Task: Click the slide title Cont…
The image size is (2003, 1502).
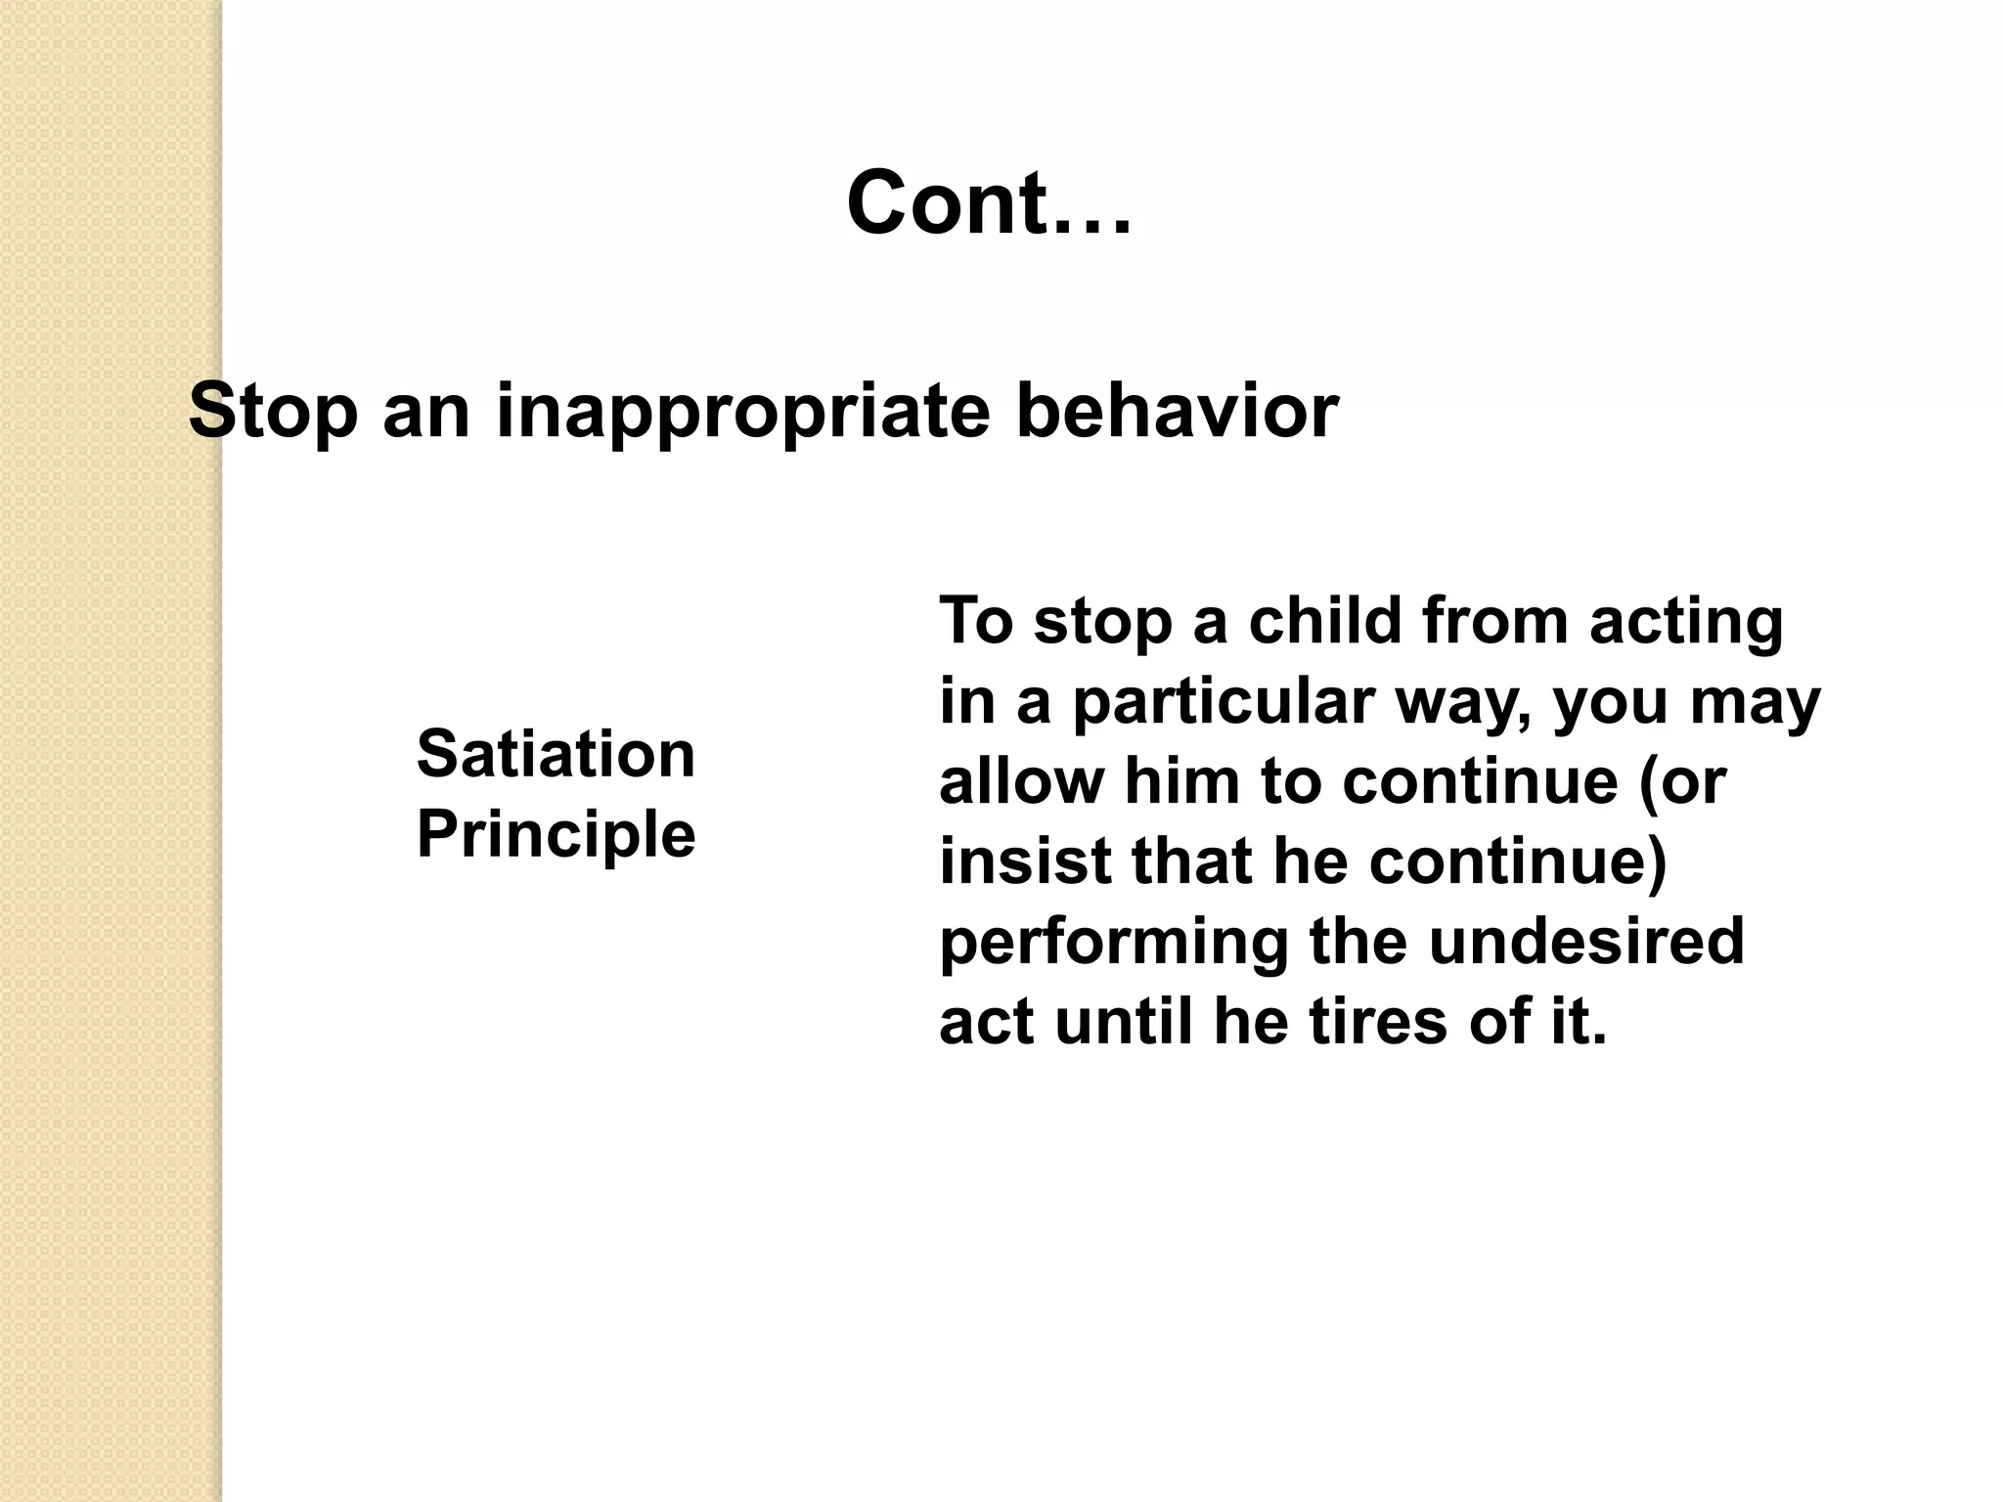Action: point(989,203)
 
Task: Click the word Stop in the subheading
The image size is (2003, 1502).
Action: point(273,412)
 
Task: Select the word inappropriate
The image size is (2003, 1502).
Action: point(743,412)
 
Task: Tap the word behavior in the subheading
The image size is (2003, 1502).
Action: point(1177,412)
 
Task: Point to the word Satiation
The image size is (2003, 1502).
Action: point(556,755)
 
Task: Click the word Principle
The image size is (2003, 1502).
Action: point(556,834)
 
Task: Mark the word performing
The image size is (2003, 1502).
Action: point(1114,942)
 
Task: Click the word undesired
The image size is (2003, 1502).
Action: point(1585,942)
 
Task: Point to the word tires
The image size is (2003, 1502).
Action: point(1378,1022)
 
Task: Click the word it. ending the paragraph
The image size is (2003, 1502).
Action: point(1577,1022)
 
